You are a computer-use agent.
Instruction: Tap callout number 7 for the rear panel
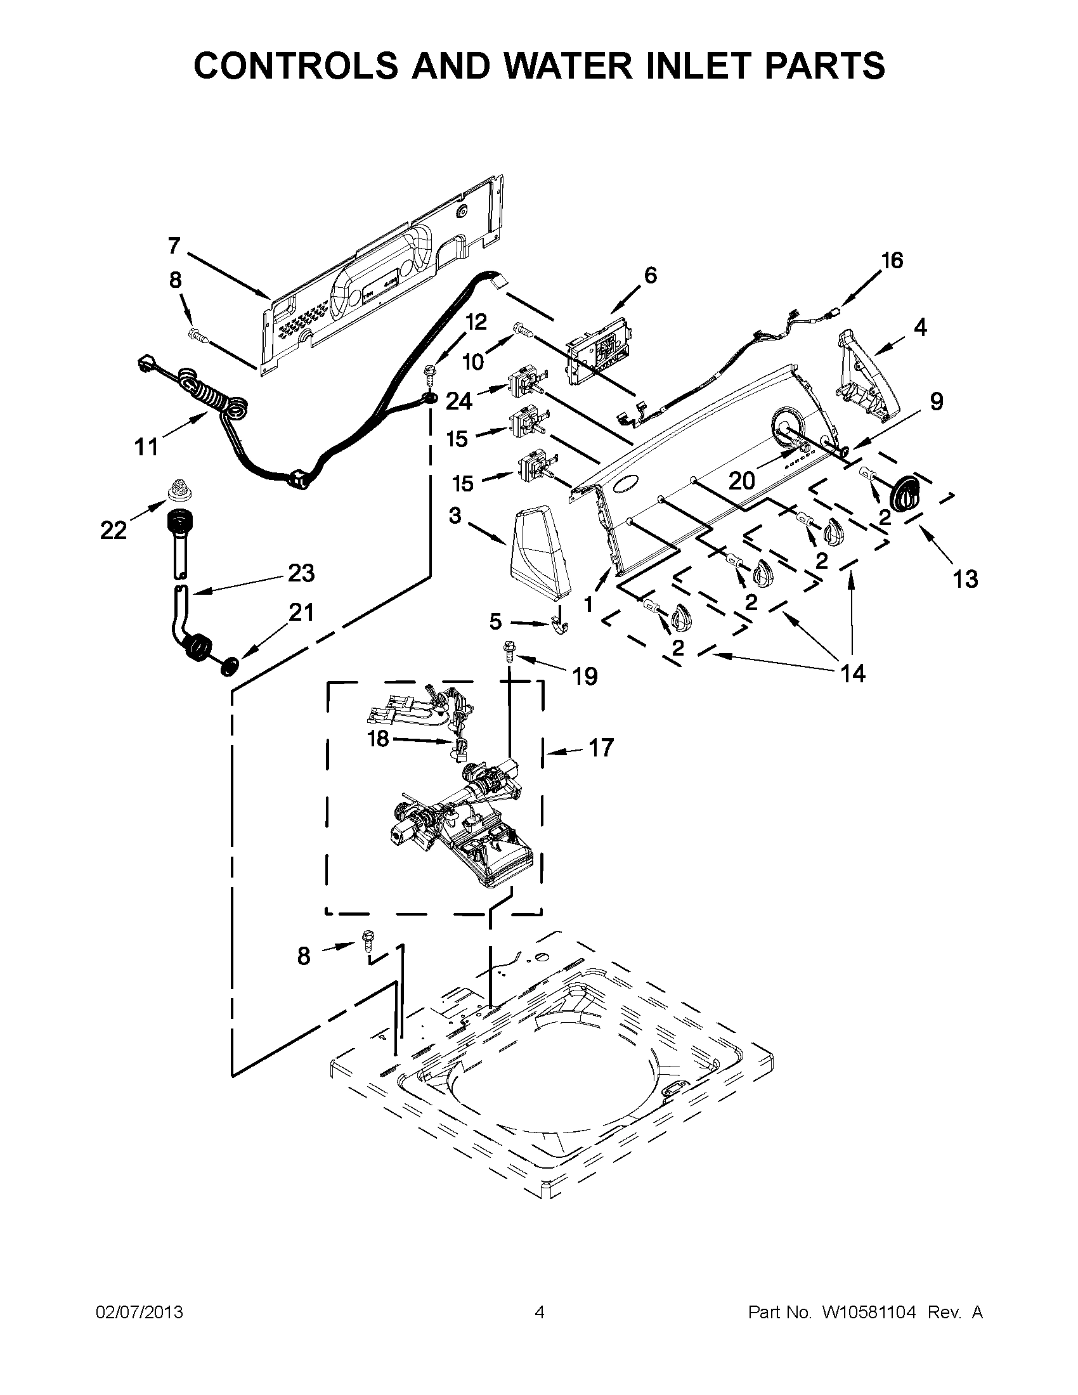pyautogui.click(x=174, y=245)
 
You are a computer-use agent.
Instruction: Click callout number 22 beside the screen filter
pyautogui.click(x=113, y=529)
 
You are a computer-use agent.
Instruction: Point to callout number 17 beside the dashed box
pyautogui.click(x=601, y=748)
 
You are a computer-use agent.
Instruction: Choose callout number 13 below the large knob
pyautogui.click(x=965, y=579)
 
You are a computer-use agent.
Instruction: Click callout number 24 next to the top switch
pyautogui.click(x=459, y=401)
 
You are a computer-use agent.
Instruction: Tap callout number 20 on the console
pyautogui.click(x=742, y=481)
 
